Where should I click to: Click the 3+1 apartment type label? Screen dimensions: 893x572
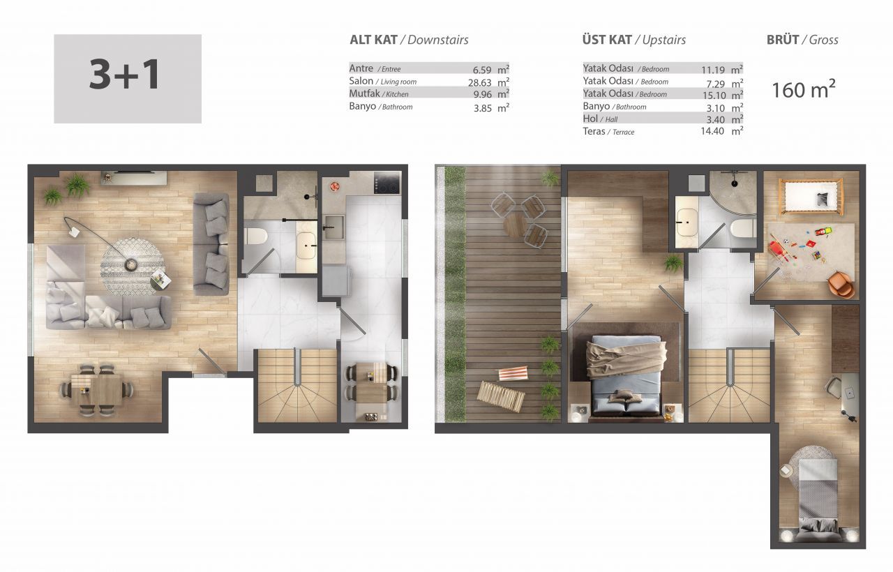[124, 75]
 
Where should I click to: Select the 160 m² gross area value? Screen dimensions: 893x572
[804, 89]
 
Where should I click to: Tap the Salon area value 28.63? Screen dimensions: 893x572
[479, 82]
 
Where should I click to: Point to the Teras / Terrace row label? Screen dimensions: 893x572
[608, 132]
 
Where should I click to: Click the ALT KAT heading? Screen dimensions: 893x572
[373, 40]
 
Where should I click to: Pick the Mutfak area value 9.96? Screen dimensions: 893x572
[482, 95]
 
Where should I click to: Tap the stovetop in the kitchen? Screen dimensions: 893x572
[387, 183]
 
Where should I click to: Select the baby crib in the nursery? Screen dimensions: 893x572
[811, 196]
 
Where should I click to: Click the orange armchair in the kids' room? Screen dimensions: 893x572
[841, 284]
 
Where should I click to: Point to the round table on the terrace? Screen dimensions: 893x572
[516, 225]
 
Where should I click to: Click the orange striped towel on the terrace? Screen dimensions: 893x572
[514, 373]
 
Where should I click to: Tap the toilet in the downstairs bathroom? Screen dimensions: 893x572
[255, 236]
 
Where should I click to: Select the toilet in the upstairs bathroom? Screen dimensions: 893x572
[743, 228]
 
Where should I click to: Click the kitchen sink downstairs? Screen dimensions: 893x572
[333, 227]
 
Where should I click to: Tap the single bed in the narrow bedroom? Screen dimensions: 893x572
[818, 499]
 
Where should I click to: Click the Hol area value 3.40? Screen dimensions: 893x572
[715, 119]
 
